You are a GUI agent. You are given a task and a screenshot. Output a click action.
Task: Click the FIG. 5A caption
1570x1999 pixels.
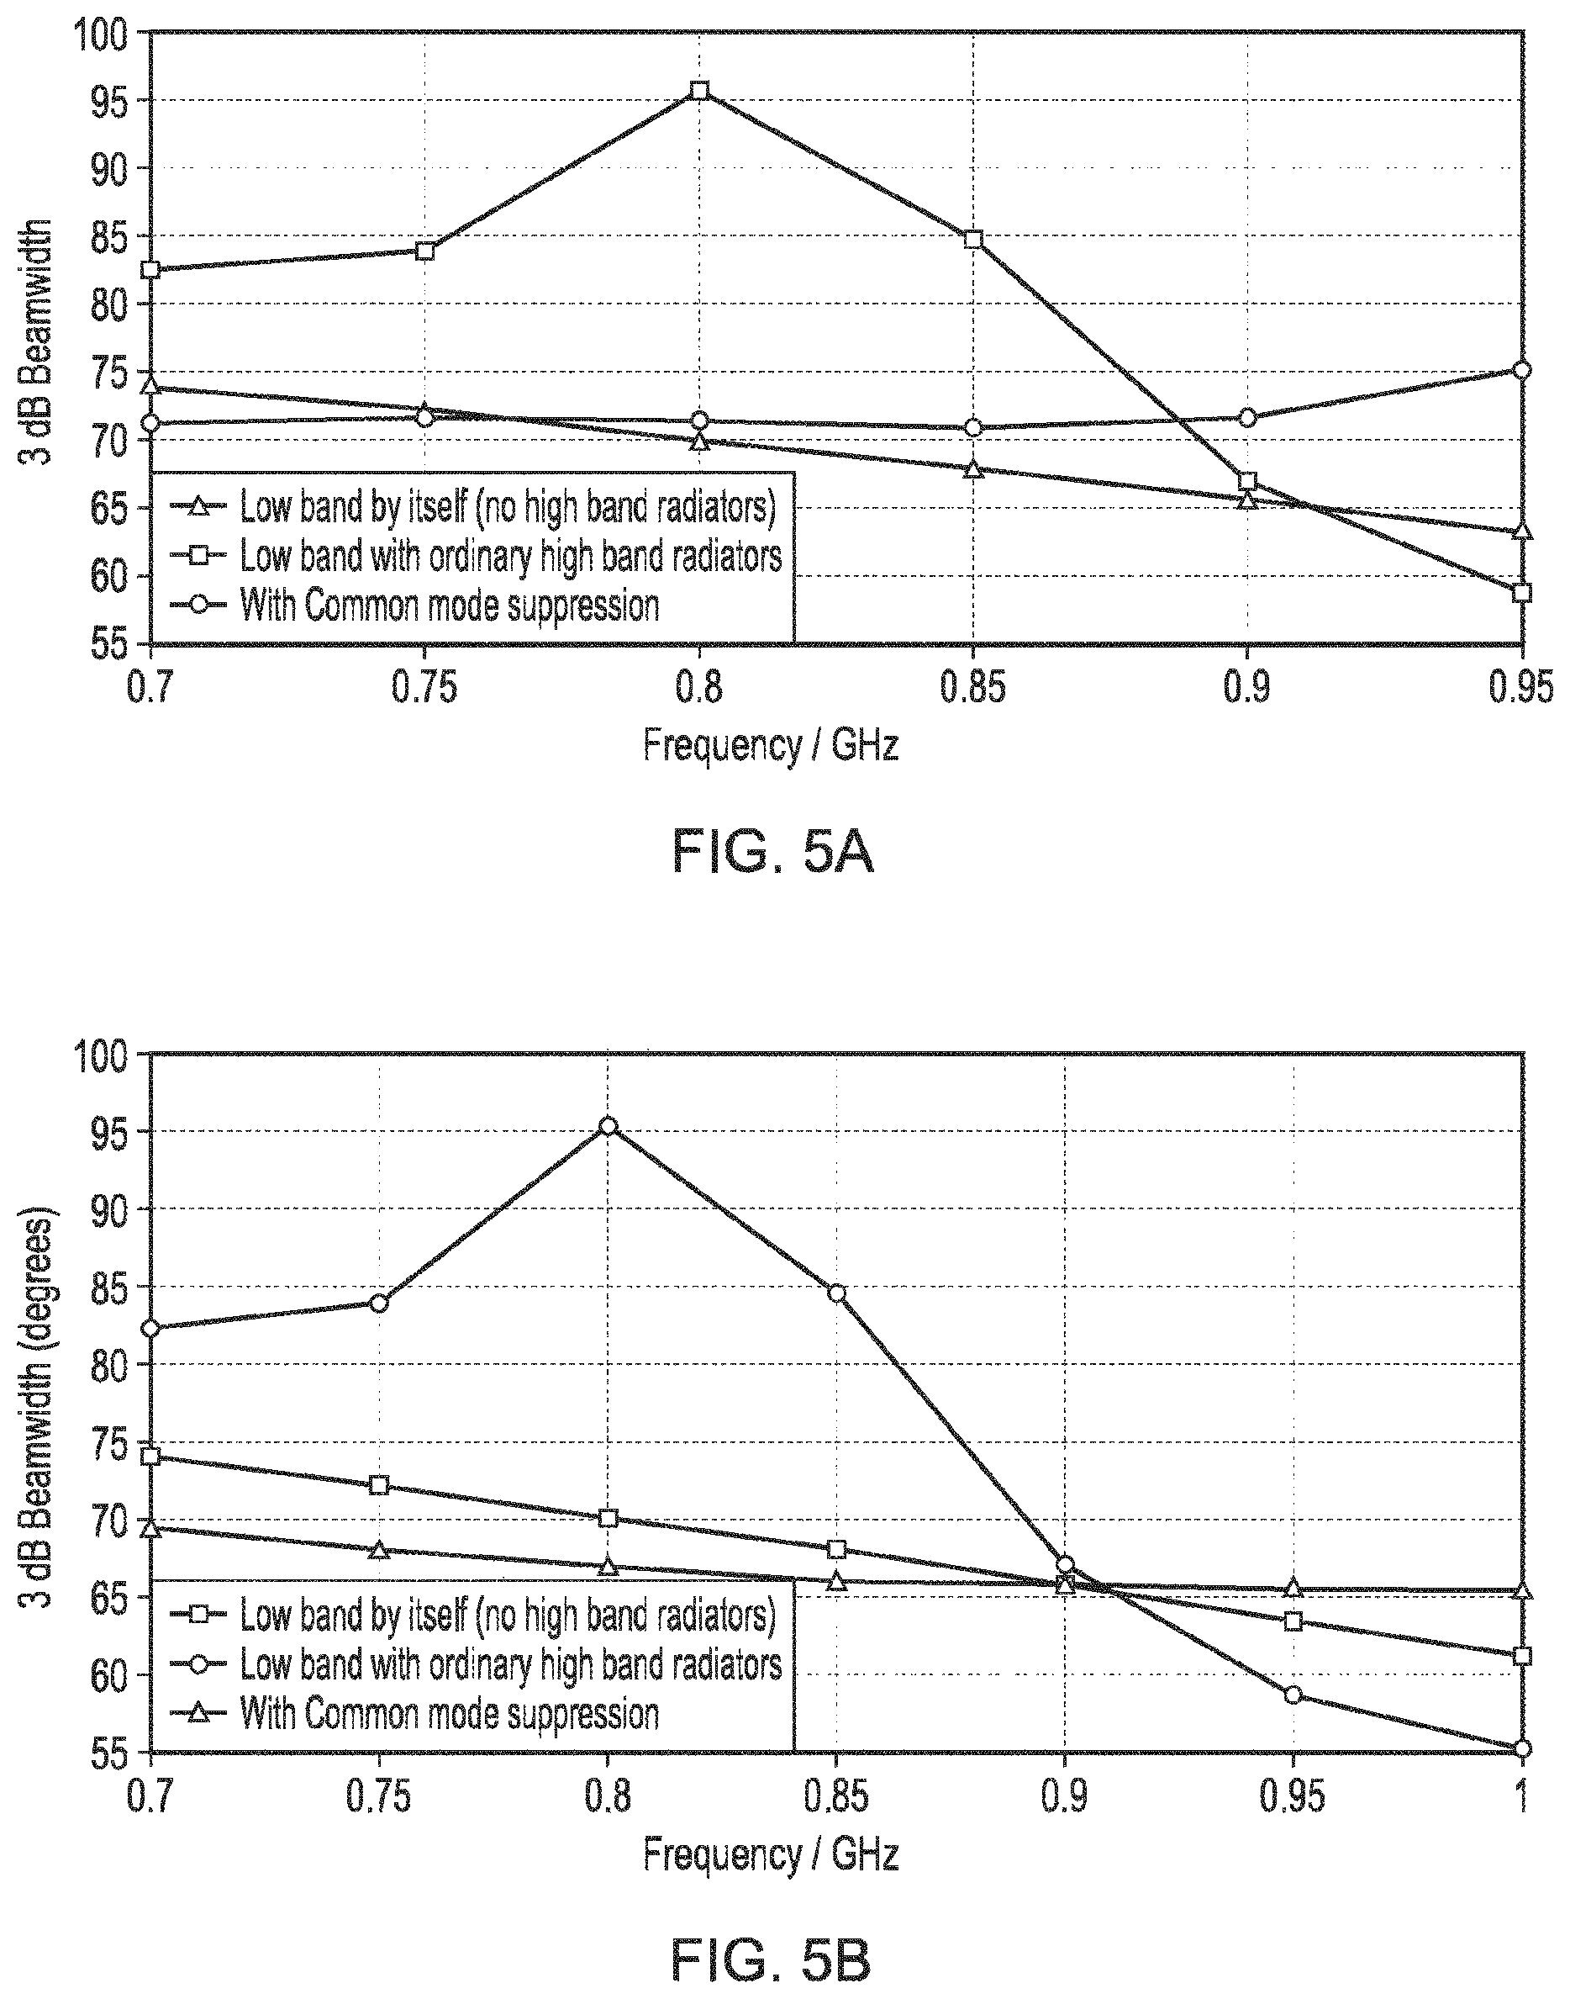coord(772,851)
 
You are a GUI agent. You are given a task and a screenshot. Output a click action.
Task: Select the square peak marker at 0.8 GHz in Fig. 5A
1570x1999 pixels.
coord(699,90)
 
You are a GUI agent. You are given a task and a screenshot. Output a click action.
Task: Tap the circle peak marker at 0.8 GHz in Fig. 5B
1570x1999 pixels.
coord(608,1125)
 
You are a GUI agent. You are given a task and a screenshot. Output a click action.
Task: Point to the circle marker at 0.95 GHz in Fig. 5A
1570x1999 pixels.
coord(1522,370)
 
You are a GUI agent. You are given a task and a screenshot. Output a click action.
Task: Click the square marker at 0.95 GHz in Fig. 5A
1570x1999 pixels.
coord(1522,593)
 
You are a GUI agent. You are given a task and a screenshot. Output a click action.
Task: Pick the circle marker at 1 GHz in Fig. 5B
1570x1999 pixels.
coord(1522,1748)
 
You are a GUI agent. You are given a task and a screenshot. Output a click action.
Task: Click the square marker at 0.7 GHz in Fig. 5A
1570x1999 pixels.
coord(150,269)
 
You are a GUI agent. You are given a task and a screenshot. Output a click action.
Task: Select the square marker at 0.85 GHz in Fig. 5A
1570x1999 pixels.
coord(973,240)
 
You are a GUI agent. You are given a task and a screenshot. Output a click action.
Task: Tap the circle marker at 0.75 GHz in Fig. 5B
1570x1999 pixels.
coord(379,1302)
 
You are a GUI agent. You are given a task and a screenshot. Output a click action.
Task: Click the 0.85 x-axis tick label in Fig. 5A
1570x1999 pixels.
coord(972,688)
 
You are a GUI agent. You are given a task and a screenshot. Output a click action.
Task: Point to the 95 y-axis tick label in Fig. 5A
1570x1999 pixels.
coord(112,101)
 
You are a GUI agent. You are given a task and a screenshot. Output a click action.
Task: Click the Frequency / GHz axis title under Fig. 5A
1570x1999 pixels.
coord(771,744)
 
